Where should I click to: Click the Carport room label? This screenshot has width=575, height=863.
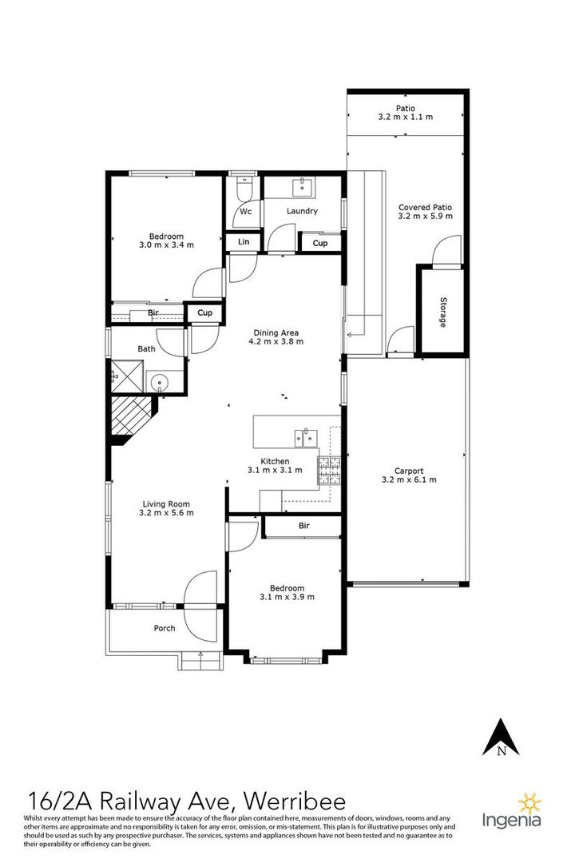410,471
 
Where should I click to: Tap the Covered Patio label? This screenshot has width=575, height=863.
426,208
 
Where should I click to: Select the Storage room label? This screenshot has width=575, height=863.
443,312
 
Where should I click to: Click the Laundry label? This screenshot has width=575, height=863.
302,211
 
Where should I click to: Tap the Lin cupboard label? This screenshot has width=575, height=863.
244,241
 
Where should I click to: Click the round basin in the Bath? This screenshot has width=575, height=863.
160,381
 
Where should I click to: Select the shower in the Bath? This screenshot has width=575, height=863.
129,376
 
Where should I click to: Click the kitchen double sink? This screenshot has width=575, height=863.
306,438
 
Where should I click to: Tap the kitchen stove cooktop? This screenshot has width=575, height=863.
329,471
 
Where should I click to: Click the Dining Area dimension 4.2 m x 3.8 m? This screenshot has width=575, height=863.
276,341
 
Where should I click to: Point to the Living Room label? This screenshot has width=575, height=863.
166,504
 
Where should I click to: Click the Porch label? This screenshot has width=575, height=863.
165,628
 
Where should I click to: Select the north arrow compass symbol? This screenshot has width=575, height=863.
501,737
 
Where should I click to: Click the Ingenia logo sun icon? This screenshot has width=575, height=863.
530,805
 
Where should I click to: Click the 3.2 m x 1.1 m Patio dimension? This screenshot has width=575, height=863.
406,117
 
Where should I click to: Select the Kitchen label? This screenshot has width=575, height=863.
275,461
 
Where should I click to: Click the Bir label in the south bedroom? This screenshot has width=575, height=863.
304,526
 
